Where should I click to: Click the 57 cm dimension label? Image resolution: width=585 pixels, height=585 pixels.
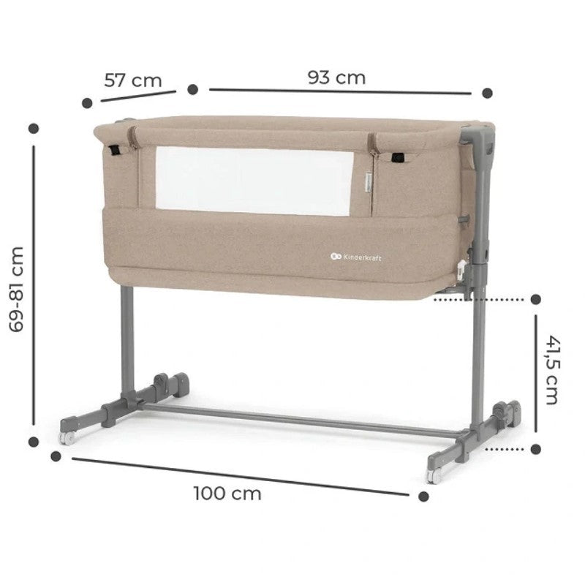(x=133, y=80)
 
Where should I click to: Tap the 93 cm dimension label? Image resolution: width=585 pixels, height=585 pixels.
(x=336, y=78)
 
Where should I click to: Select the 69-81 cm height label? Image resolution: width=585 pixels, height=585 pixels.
(x=16, y=289)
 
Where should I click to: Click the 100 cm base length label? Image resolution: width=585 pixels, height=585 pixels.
(x=227, y=493)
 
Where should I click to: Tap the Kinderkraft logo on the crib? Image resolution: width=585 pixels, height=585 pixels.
(x=356, y=257)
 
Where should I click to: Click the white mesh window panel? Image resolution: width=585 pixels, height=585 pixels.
(x=254, y=181)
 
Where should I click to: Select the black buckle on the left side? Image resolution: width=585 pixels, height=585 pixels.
(x=116, y=150)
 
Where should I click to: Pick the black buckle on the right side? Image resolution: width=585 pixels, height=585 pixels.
(x=398, y=158)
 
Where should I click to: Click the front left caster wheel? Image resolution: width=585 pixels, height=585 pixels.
(x=67, y=438)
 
